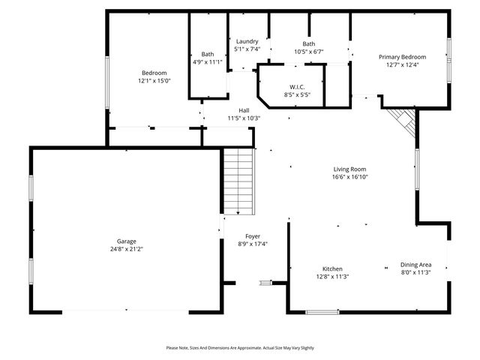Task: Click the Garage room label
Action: (126, 241)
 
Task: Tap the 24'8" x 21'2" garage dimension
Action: (126, 249)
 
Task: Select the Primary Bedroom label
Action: (402, 57)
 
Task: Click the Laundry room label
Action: (247, 41)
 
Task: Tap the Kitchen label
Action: (332, 268)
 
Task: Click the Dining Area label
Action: (415, 265)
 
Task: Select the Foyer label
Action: (253, 236)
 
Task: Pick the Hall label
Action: (244, 110)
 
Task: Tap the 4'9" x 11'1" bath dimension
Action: (208, 62)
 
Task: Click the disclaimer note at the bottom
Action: (240, 348)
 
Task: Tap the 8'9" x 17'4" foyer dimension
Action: (253, 244)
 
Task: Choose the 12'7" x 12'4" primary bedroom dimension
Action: (402, 64)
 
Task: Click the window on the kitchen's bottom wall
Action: (322, 311)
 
